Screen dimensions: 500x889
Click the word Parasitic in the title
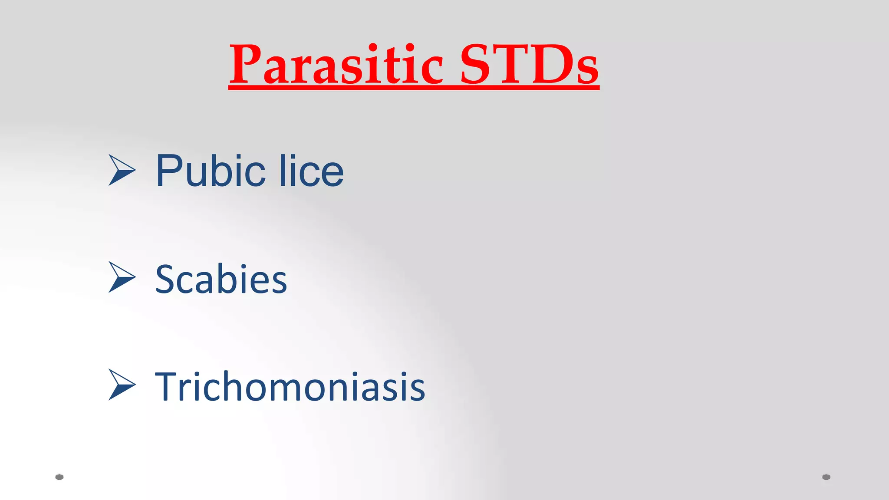tap(336, 65)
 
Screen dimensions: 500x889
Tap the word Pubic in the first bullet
tap(211, 171)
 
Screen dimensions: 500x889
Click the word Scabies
tap(221, 280)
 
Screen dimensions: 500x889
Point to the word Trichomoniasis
tap(290, 386)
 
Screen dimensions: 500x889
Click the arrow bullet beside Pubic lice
tap(122, 170)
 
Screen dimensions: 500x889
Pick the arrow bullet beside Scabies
tap(122, 277)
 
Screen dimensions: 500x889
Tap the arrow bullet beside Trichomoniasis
tap(122, 385)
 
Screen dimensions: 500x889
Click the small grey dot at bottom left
tap(59, 477)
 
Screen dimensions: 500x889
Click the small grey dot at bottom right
tap(826, 477)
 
